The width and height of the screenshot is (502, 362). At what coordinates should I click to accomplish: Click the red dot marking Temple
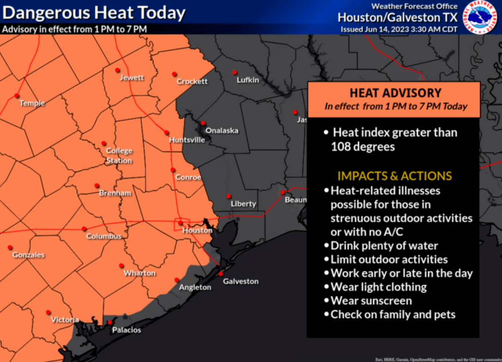[x=17, y=96]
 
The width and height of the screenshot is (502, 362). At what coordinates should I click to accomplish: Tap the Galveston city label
[x=241, y=281]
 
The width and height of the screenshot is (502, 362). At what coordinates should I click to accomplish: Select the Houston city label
[x=197, y=230]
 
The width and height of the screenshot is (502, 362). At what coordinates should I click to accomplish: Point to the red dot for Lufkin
[x=234, y=72]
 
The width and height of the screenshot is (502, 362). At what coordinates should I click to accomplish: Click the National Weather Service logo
[x=480, y=18]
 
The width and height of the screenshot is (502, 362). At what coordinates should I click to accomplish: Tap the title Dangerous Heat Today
[x=93, y=12]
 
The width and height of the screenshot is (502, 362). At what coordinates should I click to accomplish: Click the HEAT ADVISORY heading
[x=395, y=93]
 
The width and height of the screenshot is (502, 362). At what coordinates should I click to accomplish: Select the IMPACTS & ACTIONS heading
[x=394, y=176]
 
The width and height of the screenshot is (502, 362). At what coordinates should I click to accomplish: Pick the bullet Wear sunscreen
[x=371, y=301]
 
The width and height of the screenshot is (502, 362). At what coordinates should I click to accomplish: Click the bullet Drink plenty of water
[x=384, y=245]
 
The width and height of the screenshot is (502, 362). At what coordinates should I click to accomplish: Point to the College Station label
[x=119, y=155]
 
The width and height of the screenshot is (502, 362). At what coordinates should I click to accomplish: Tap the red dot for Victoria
[x=48, y=312]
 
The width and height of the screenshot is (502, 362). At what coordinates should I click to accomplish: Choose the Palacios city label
[x=127, y=330]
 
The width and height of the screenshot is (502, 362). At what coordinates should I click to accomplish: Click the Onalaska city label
[x=222, y=130]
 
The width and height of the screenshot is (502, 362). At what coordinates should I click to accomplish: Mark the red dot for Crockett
[x=174, y=74]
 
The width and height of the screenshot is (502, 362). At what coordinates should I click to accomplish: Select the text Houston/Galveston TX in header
[x=398, y=18]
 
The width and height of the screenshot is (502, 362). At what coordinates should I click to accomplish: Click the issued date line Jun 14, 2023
[x=399, y=29]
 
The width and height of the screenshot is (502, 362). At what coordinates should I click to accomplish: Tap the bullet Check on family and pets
[x=393, y=314]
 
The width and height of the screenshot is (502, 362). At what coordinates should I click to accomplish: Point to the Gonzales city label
[x=28, y=255]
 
